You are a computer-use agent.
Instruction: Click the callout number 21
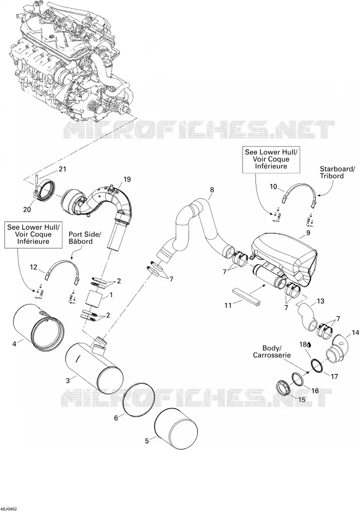62,169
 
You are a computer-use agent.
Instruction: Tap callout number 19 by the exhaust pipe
127,179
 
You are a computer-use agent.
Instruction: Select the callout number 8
212,189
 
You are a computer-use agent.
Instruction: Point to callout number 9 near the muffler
308,233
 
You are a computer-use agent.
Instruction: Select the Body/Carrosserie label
272,351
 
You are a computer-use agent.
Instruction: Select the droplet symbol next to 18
309,344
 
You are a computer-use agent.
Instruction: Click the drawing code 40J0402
9,509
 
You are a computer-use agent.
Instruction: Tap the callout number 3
67,380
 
